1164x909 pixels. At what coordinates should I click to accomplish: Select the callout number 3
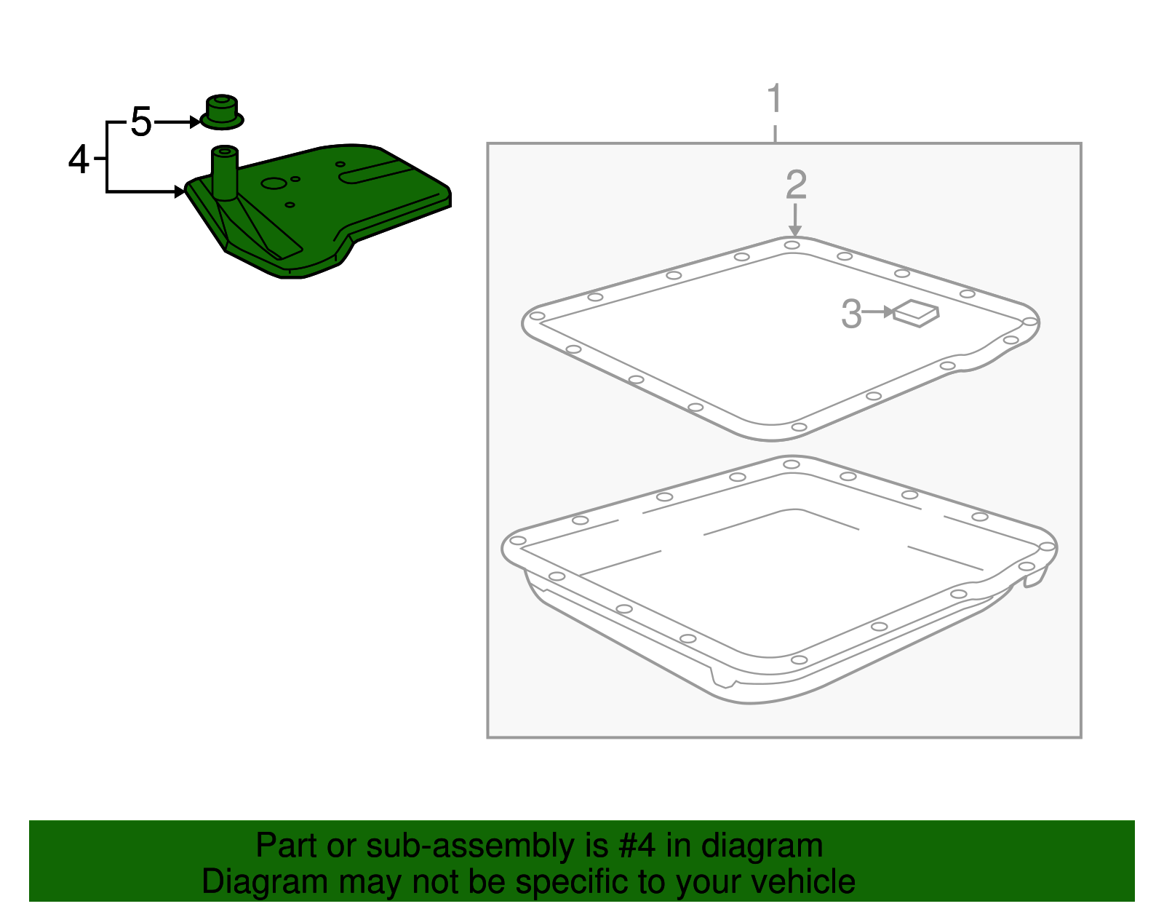click(850, 314)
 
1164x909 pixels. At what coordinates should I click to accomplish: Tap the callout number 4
click(79, 159)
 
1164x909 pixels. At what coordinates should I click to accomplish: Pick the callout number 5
click(141, 122)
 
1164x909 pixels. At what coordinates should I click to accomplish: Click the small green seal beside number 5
click(222, 112)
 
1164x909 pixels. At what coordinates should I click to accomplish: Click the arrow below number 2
click(795, 220)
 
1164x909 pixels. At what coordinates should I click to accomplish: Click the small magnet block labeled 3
click(917, 314)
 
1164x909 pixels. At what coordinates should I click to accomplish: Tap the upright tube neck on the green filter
click(224, 173)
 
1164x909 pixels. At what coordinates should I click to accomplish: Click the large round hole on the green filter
click(274, 183)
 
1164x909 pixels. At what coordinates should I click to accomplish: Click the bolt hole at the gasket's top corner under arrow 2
click(792, 245)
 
